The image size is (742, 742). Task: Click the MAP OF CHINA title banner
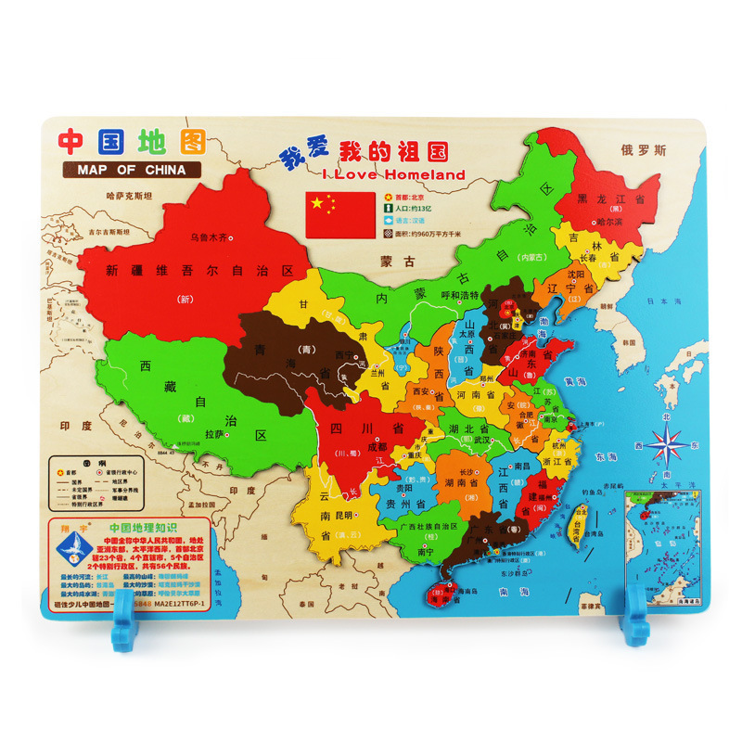(x=125, y=170)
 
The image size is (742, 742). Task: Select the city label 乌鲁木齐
(x=208, y=237)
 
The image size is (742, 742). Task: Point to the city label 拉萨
(x=214, y=433)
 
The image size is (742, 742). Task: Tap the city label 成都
(x=377, y=445)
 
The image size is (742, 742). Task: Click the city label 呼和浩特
(x=459, y=296)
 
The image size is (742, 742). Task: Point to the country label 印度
(x=77, y=426)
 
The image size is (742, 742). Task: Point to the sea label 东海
(x=608, y=457)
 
